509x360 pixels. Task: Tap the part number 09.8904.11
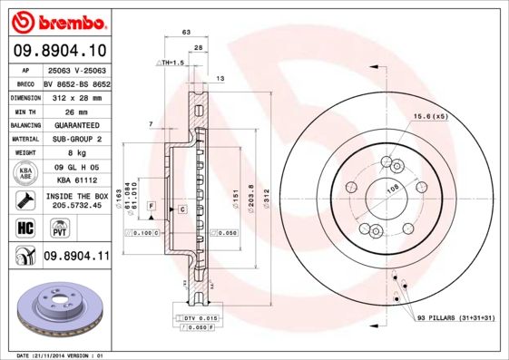[x=76, y=257]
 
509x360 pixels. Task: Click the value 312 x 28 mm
[x=76, y=95]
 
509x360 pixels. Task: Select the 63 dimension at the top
[x=186, y=32]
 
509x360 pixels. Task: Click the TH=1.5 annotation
[x=171, y=63]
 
